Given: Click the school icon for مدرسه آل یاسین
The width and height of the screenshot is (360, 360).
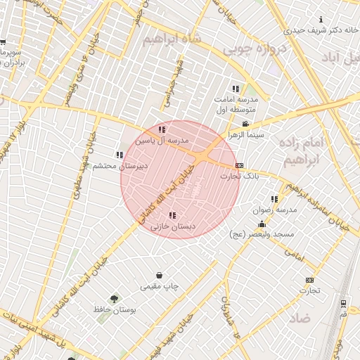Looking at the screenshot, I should (162, 129).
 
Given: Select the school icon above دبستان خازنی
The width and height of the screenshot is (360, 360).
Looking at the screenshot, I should (172, 215).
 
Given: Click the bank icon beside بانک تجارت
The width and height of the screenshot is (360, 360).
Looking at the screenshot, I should (240, 165).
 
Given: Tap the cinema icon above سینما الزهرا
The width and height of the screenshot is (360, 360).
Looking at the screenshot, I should (245, 124).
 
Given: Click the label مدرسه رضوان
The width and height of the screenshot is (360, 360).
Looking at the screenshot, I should (276, 210).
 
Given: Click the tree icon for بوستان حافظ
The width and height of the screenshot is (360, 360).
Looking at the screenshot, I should (114, 299).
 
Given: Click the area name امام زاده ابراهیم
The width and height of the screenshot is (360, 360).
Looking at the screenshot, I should (308, 152).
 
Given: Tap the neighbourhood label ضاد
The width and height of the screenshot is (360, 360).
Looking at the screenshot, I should (299, 318).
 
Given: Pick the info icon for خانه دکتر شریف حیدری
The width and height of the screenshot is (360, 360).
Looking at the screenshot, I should (321, 20).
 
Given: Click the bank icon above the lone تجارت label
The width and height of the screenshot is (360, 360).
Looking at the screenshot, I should (309, 280).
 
